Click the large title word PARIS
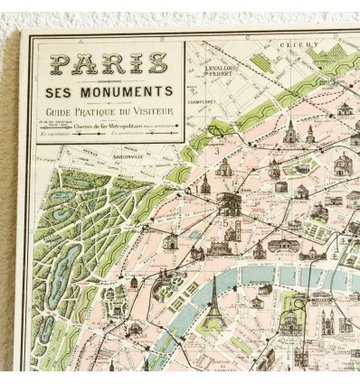(x=109, y=64)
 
